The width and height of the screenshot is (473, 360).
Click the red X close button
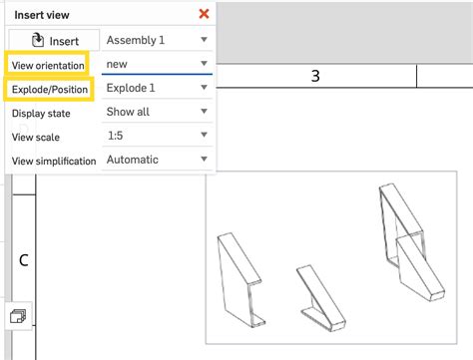click(205, 13)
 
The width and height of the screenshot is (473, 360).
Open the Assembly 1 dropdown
click(157, 40)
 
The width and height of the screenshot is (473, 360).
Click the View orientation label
click(47, 65)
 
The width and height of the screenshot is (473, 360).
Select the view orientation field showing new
click(157, 64)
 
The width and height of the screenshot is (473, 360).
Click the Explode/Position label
click(50, 89)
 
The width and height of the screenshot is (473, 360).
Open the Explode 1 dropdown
click(157, 88)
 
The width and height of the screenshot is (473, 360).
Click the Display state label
click(42, 113)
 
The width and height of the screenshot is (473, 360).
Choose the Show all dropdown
click(157, 112)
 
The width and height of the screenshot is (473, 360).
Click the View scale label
click(39, 137)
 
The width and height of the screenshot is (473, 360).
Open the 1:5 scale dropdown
click(157, 136)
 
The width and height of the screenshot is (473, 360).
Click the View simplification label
click(54, 161)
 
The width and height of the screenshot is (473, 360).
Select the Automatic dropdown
click(157, 160)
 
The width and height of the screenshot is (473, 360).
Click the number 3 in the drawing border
click(315, 77)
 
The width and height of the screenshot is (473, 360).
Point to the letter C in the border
click(23, 260)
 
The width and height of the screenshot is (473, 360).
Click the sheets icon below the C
click(18, 316)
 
